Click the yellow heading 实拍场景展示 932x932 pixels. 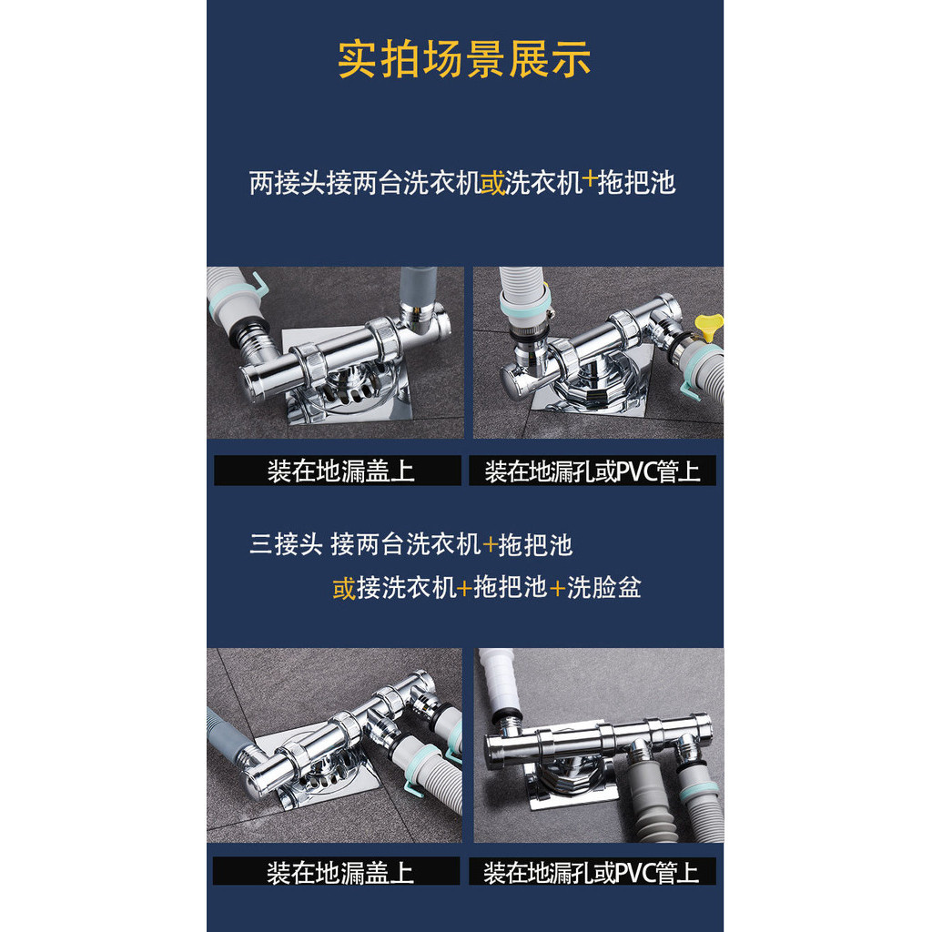coord(463,59)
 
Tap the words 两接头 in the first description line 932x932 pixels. coord(287,182)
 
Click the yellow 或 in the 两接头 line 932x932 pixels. coord(492,182)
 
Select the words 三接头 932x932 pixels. coord(286,544)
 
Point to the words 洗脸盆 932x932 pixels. coord(604,587)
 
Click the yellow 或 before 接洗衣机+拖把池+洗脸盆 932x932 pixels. coord(344,588)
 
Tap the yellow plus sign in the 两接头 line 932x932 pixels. coord(589,179)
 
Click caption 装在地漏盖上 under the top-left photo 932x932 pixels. coord(340,471)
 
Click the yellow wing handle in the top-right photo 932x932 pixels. coord(708,326)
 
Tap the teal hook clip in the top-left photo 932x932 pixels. coord(259,284)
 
